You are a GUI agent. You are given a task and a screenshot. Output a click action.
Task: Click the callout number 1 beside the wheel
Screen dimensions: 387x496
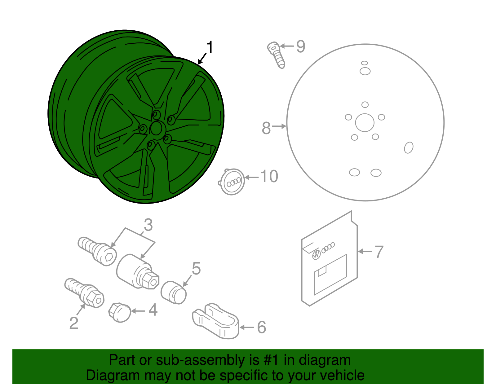tap(210, 48)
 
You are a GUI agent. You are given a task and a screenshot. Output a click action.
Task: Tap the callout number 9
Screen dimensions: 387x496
tap(300, 46)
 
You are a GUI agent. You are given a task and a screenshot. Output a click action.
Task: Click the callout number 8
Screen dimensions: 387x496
tap(266, 128)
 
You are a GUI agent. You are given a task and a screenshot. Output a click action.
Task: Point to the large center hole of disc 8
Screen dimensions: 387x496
tap(365, 122)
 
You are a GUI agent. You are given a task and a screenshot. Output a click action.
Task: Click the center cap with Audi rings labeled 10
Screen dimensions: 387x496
tap(232, 182)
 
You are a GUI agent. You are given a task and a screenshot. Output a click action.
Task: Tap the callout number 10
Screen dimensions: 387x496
tap(269, 177)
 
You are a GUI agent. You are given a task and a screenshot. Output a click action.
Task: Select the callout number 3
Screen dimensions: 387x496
tap(148, 225)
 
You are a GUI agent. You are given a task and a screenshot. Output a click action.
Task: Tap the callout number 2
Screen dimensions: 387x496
tap(74, 323)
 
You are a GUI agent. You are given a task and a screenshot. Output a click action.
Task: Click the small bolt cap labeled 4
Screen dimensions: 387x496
tap(120, 312)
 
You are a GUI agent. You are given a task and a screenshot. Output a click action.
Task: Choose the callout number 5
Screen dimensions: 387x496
tap(196, 268)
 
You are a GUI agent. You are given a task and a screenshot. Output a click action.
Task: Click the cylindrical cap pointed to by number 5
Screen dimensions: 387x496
tap(174, 292)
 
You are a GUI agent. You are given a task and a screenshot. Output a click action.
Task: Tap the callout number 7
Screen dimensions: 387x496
tap(379, 252)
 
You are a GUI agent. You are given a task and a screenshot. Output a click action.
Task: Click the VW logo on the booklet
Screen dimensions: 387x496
tap(316, 255)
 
